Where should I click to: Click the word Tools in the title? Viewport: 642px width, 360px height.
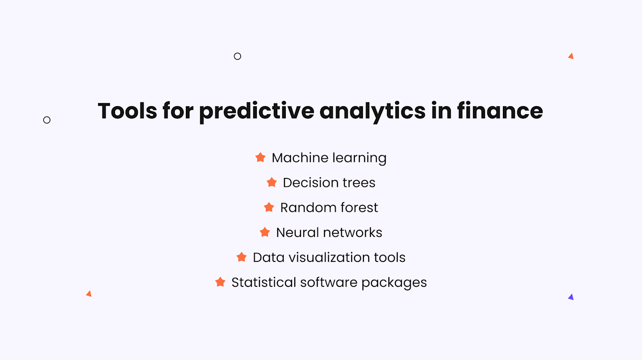coord(127,111)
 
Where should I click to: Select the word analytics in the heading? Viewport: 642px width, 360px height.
coord(372,112)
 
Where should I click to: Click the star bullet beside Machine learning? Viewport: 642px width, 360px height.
coord(260,157)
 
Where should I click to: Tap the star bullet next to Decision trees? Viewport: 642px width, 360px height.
coord(272,182)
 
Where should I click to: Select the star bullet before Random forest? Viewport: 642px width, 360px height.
coord(269,207)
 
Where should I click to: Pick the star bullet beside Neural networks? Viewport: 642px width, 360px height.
coord(265,232)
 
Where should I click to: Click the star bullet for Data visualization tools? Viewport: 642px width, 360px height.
coord(242,257)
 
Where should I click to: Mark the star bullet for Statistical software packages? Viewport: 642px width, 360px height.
coord(220,282)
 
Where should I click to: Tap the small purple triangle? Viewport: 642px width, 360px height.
coord(571,297)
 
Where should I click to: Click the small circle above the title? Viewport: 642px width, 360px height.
coord(238,56)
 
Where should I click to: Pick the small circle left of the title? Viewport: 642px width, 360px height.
coord(47,120)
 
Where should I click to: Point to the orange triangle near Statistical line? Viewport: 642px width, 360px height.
coord(89,294)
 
